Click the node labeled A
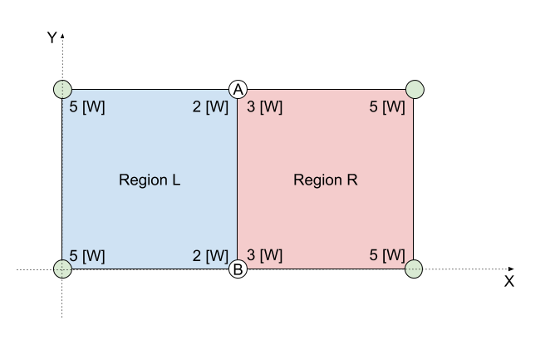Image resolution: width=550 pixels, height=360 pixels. pyautogui.click(x=238, y=89)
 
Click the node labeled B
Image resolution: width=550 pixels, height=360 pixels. pyautogui.click(x=238, y=269)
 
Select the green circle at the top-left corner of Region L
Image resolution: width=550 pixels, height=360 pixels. pyautogui.click(x=62, y=89)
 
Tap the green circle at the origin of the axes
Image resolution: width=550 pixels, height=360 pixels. pyautogui.click(x=62, y=269)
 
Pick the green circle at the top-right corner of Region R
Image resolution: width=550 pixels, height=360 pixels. pyautogui.click(x=415, y=89)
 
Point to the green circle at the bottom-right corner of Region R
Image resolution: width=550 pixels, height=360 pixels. pyautogui.click(x=414, y=269)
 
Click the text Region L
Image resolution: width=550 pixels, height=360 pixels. pyautogui.click(x=150, y=180)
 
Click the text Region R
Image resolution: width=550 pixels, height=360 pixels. pyautogui.click(x=325, y=180)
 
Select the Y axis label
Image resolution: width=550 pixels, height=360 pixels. pyautogui.click(x=52, y=37)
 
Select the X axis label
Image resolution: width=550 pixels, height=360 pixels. pyautogui.click(x=508, y=282)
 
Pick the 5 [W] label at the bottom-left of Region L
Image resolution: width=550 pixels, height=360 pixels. pyautogui.click(x=87, y=255)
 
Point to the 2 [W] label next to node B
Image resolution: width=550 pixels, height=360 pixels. pyautogui.click(x=209, y=255)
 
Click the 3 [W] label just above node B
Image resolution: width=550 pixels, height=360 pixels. pyautogui.click(x=264, y=255)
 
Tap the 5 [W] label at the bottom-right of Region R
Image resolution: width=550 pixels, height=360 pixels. pyautogui.click(x=386, y=255)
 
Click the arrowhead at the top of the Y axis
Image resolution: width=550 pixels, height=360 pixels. pyautogui.click(x=62, y=37)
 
